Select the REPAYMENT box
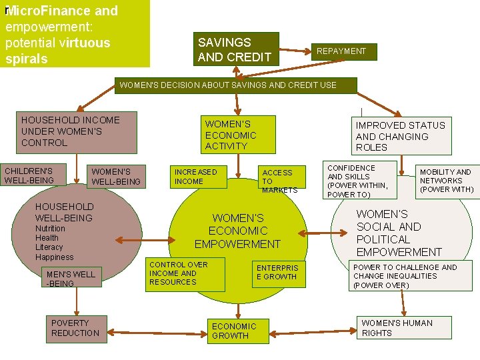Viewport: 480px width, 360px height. (x=341, y=51)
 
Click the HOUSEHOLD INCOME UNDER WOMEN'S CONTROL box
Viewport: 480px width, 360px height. (x=77, y=131)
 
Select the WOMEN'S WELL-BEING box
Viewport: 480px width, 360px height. (x=116, y=177)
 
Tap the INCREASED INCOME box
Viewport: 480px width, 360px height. (x=198, y=177)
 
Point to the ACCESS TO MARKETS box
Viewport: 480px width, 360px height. (x=279, y=181)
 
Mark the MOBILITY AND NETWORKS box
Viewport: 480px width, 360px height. (x=445, y=181)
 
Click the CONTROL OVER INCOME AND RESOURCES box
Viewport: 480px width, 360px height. (x=177, y=273)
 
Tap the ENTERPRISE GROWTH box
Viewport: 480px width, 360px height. (x=279, y=273)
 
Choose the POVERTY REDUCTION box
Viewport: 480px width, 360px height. (x=76, y=329)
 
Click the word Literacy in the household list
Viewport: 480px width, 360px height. (x=49, y=247)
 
